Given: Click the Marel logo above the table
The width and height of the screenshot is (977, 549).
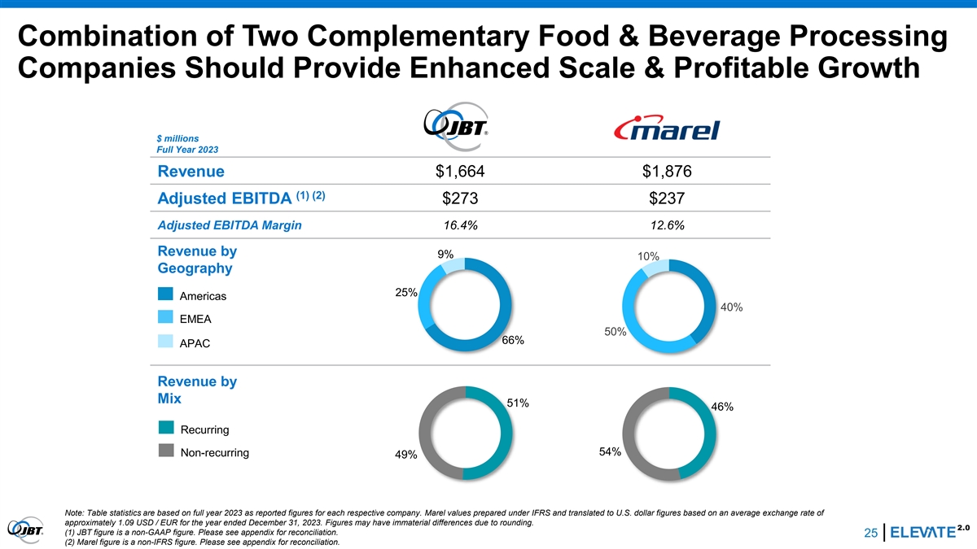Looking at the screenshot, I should tap(667, 129).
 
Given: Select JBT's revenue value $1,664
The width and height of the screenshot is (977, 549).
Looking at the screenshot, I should tap(466, 172).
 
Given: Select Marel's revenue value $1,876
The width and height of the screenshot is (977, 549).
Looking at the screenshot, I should tap(666, 172).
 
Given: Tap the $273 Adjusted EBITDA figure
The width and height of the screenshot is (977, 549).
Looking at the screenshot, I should tap(464, 198).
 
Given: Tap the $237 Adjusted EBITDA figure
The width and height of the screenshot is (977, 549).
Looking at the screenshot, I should tap(666, 198).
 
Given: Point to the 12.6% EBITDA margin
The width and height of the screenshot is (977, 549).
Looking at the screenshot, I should tap(666, 225).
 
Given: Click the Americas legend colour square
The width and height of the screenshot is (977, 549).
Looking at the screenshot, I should tap(165, 294).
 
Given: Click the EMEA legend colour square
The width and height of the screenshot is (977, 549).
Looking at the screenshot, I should tap(165, 318).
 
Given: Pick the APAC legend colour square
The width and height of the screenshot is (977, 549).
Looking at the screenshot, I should tap(165, 342).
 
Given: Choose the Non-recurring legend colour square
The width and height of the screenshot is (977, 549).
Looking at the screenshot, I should tap(165, 452).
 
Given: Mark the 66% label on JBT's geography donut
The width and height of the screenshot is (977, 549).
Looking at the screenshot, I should tap(513, 340).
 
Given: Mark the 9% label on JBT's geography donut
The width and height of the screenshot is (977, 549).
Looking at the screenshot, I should tap(445, 254).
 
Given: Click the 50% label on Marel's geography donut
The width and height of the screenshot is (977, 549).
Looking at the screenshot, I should tap(615, 331).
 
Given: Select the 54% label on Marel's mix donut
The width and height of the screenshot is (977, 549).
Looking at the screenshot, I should tap(610, 451).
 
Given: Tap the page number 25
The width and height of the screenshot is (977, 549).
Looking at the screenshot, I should tap(870, 533).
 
